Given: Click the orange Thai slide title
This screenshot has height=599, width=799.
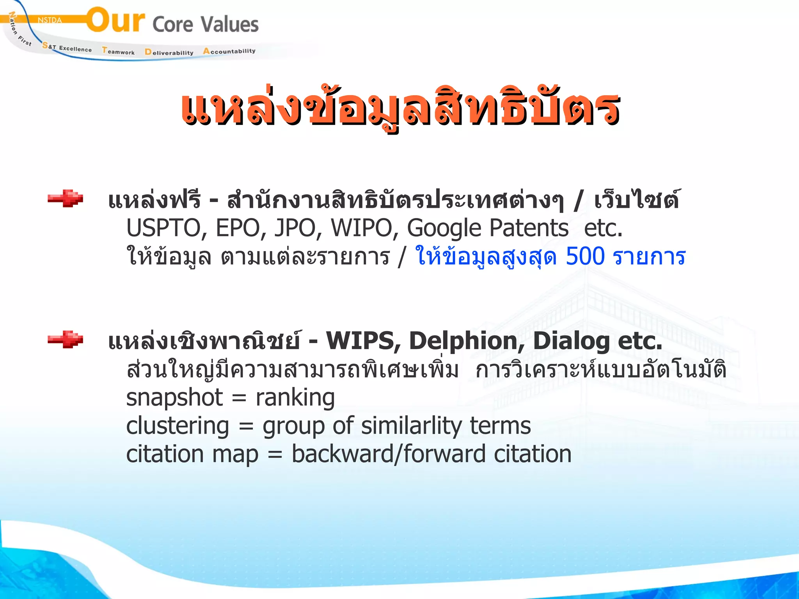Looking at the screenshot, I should point(400,107).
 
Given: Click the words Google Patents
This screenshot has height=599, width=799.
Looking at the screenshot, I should point(488,228).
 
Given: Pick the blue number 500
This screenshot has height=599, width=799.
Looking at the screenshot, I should point(585,257).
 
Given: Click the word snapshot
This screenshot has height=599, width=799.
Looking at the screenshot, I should point(174,398).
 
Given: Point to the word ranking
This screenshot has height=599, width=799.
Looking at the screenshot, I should point(295,398).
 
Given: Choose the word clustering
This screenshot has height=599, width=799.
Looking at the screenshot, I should point(178,426).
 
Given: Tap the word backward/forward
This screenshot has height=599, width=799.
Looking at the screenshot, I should point(389,454).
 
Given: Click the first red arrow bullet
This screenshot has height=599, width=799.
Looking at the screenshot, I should point(65,198).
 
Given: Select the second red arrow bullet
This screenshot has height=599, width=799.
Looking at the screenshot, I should point(65,339).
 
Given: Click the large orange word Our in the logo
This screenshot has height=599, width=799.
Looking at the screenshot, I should point(115,20).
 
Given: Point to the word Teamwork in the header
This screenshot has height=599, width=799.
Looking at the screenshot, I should point(118,51).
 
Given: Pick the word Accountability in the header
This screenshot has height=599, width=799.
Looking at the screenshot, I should point(229,51).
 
